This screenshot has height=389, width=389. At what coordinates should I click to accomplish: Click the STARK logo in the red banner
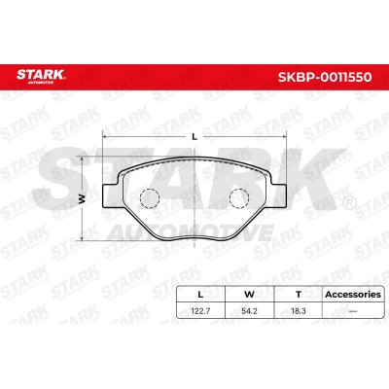point(41,76)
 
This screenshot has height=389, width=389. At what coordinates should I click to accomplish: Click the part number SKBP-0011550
point(325,77)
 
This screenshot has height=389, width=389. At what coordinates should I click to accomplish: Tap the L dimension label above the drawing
point(194,137)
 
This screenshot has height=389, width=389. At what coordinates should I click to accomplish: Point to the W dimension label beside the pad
point(82,199)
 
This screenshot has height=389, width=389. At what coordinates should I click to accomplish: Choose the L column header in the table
point(200,295)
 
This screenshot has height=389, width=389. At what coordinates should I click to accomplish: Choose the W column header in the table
point(249,295)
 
